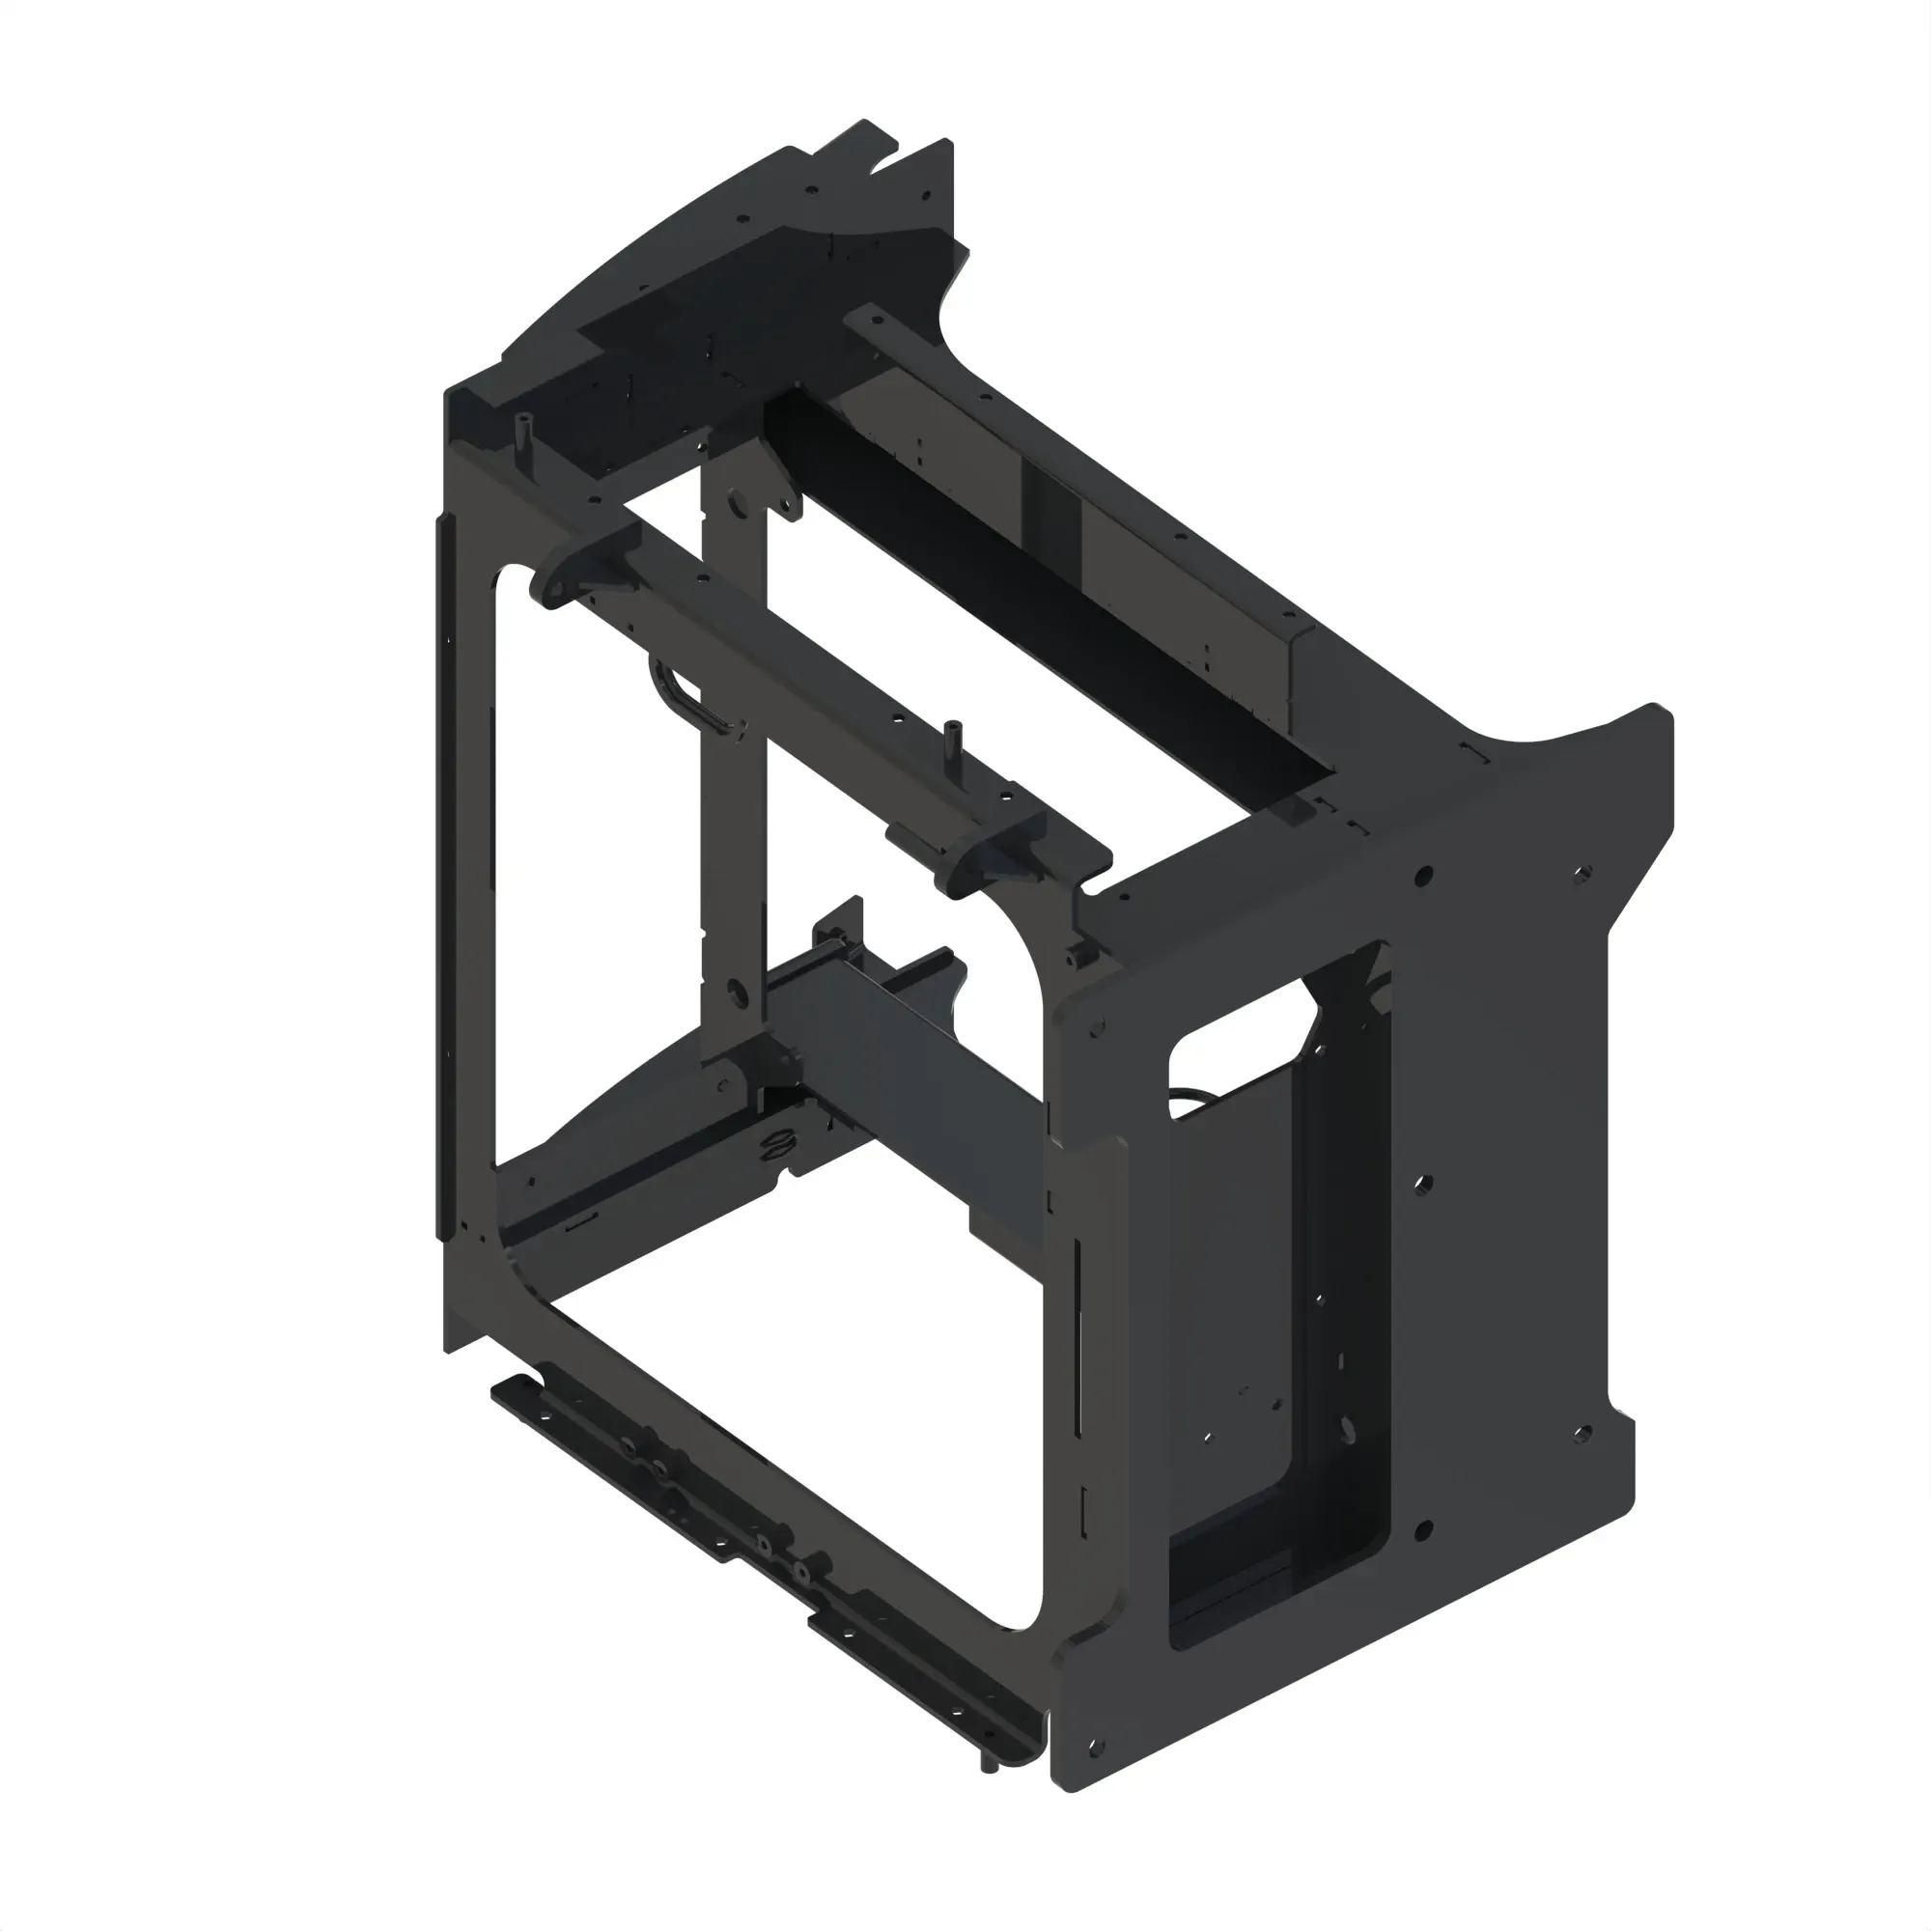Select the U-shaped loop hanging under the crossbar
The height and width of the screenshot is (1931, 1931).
coord(689,700)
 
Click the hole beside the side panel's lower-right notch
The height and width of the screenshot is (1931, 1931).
coord(1582,1436)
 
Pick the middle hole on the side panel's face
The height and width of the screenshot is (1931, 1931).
coord(1424,1185)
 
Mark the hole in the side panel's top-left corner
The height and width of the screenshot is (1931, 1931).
coord(1097,1026)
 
